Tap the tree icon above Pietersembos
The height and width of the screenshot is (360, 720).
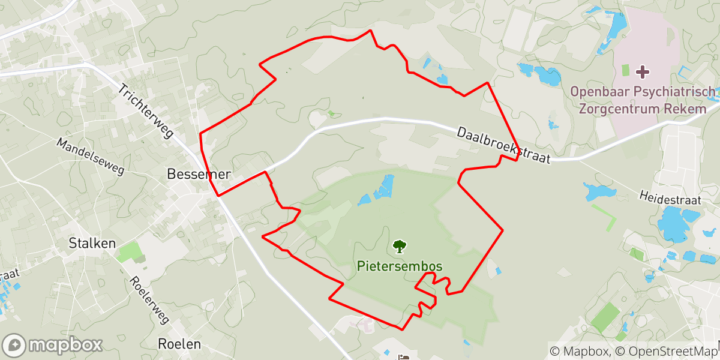coord(398,246)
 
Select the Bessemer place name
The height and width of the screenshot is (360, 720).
coord(198,175)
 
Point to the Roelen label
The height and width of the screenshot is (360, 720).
coord(179,344)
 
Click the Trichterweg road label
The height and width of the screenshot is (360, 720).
coord(146,112)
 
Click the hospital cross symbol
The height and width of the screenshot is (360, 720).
coord(642,72)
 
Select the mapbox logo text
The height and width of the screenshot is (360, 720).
coord(65,345)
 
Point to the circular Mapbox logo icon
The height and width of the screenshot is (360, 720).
coord(14,346)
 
